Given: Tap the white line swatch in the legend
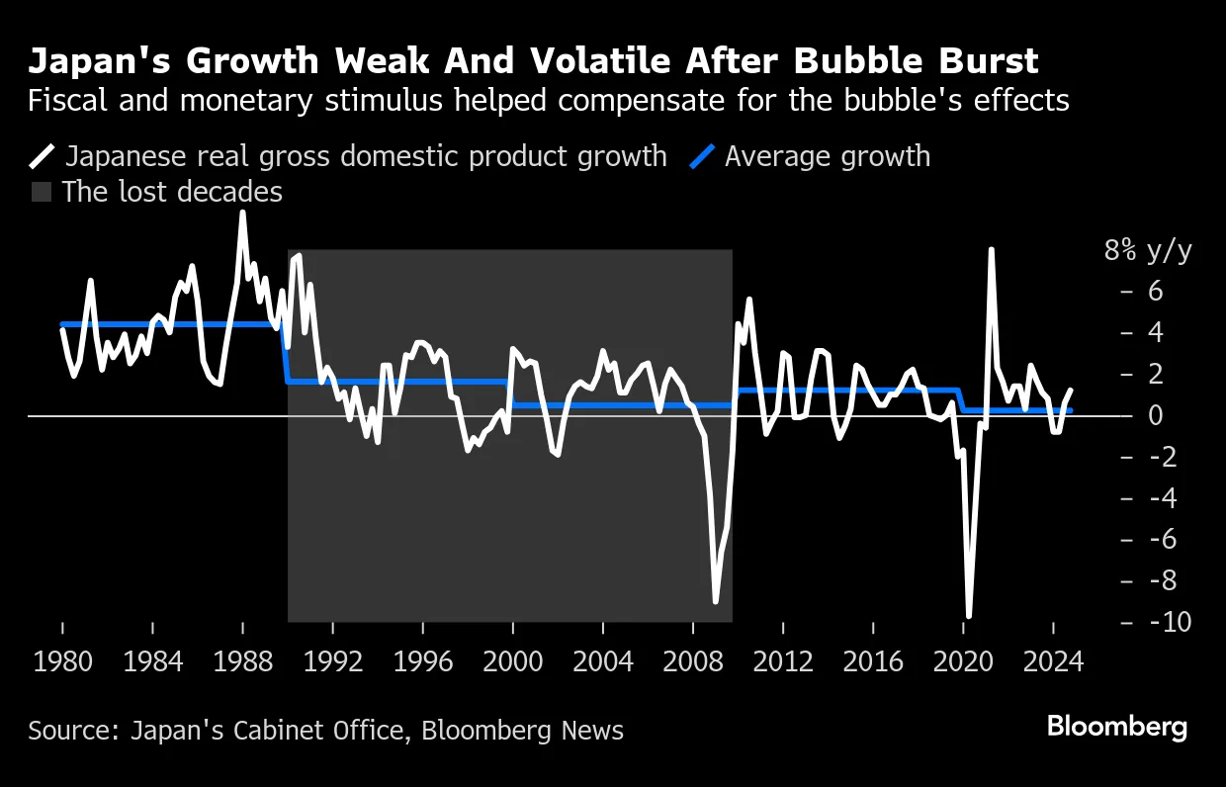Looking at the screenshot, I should (x=44, y=156).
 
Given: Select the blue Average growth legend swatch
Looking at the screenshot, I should (x=702, y=156).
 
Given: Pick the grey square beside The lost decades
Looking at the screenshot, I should (x=42, y=192).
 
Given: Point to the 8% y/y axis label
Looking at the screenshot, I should (x=1148, y=251).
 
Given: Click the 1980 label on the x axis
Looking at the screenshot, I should (x=62, y=660).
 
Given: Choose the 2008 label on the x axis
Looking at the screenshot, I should (x=692, y=660).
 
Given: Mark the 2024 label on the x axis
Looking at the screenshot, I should (x=1052, y=660).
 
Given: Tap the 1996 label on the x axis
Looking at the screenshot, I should (x=422, y=660).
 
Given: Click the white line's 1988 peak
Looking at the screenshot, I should (x=242, y=213).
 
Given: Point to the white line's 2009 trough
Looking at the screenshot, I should (x=715, y=600).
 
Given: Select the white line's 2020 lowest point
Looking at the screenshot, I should (x=969, y=616).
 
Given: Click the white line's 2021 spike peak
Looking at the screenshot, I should (x=991, y=250).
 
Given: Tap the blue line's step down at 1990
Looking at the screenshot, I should (x=287, y=353).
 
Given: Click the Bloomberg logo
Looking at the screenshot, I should (x=1117, y=727).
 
